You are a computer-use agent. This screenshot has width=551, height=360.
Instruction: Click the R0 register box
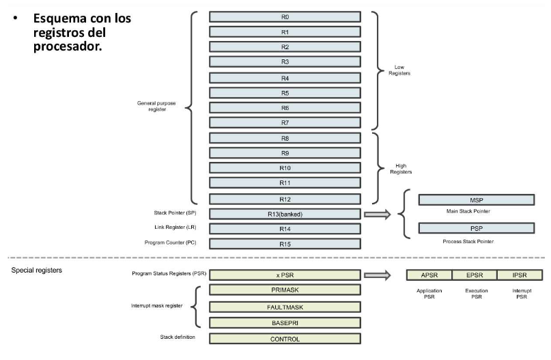(x=285, y=17)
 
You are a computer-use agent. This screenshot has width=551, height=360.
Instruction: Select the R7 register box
(x=285, y=123)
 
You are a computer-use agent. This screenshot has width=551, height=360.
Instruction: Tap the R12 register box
(x=285, y=199)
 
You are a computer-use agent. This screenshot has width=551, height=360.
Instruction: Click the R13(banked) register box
(x=285, y=214)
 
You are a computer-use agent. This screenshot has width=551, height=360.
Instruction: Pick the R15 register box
(x=285, y=243)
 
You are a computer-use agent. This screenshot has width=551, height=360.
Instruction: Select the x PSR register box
(x=285, y=275)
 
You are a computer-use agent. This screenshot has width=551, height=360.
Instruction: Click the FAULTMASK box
(x=285, y=307)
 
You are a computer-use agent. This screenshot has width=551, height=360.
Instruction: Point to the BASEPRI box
(x=285, y=322)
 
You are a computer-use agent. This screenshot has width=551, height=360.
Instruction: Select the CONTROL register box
(x=285, y=338)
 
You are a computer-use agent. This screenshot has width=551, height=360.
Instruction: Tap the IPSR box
(x=520, y=275)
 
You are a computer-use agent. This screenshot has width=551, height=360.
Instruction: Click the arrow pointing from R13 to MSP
(x=378, y=214)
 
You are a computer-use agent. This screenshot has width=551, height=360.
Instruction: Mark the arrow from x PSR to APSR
(x=378, y=275)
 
